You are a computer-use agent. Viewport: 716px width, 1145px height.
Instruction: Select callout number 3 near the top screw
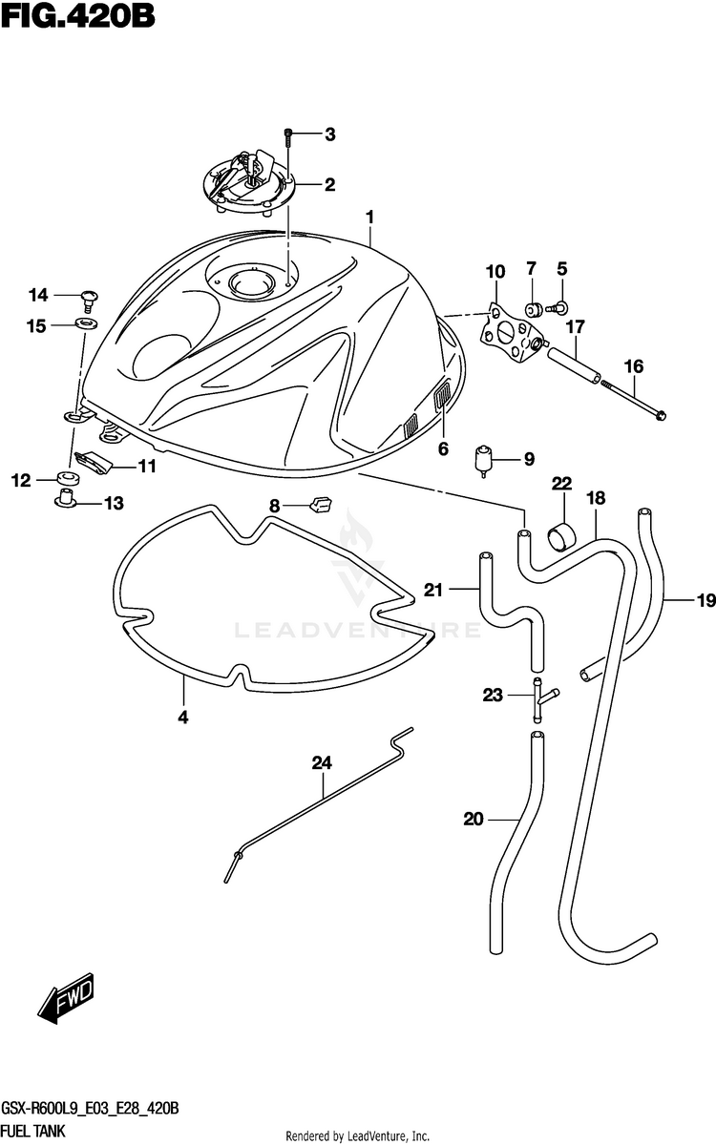329,135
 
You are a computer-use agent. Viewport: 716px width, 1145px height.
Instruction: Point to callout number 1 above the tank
369,219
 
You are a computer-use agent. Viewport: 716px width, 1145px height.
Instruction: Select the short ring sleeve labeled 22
560,535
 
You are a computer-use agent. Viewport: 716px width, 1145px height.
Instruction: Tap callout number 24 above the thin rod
322,762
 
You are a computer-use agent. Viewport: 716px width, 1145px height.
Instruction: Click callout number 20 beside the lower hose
474,818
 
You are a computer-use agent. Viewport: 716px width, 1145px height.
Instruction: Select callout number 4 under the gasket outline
183,717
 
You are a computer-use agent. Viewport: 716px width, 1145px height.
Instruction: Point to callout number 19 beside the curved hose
705,600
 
